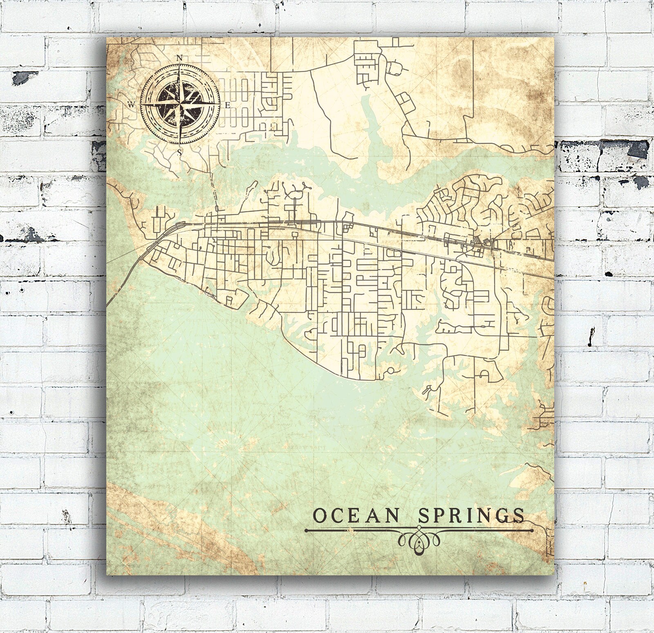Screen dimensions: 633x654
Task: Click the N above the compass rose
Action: pyautogui.click(x=179, y=58)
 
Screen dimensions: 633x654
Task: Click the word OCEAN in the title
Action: pyautogui.click(x=356, y=516)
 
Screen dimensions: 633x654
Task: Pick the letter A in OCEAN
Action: pyautogui.click(x=373, y=516)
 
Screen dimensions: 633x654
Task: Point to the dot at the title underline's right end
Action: pyautogui.click(x=532, y=530)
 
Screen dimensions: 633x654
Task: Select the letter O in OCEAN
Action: pyautogui.click(x=320, y=516)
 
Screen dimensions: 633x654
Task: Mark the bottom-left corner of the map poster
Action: pyautogui.click(x=107, y=574)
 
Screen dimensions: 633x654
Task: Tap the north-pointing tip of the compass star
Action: pyautogui.click(x=179, y=65)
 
